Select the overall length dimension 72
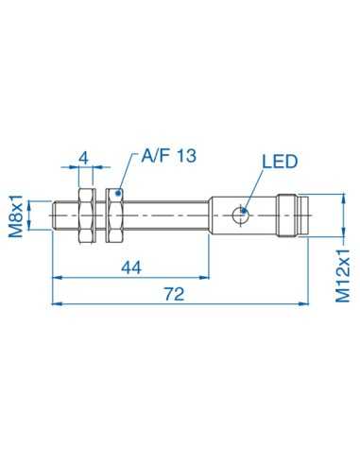173,294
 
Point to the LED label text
280,160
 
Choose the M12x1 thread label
344,268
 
